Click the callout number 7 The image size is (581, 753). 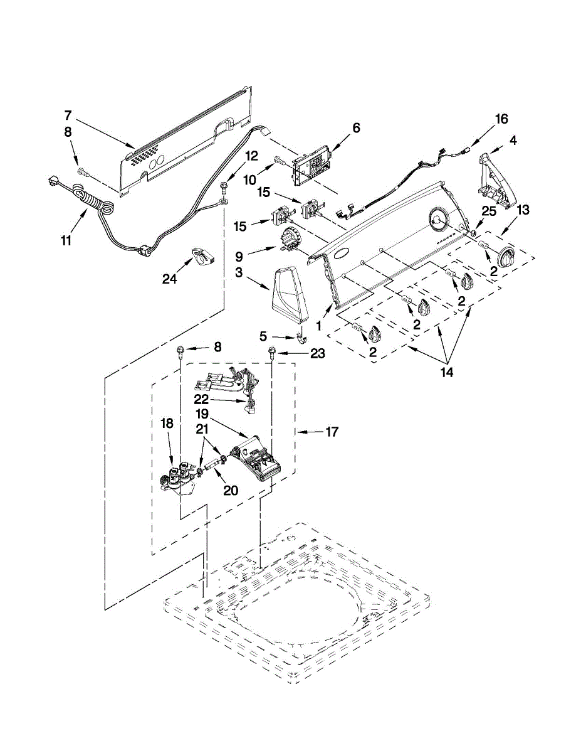(x=68, y=115)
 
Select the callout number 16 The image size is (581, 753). (x=501, y=119)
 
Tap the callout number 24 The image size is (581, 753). (x=170, y=279)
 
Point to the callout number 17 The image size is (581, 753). (x=332, y=432)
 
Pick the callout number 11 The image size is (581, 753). (x=66, y=240)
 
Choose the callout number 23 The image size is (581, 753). (x=318, y=353)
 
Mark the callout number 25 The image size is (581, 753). (x=489, y=211)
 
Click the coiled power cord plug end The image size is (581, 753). (x=53, y=183)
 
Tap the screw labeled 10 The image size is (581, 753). (x=278, y=160)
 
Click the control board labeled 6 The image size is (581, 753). (x=311, y=167)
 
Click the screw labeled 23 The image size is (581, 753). (x=271, y=354)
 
